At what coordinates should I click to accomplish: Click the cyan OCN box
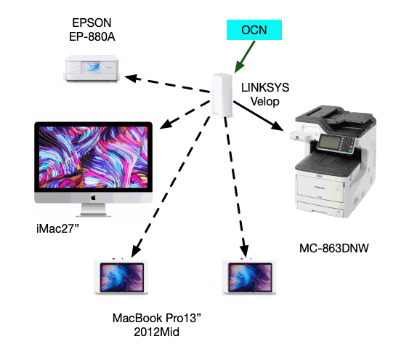(254, 30)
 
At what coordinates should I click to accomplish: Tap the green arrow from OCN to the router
(245, 57)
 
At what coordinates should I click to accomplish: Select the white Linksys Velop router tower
(222, 95)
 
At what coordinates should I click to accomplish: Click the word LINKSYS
(265, 87)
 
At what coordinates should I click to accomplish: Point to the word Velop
(265, 101)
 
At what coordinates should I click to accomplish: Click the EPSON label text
(92, 23)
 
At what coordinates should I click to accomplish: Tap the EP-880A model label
(92, 36)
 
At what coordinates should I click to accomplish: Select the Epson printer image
(92, 68)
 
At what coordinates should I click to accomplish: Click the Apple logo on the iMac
(93, 198)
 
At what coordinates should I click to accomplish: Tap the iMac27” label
(57, 228)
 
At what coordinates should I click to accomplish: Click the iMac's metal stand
(93, 210)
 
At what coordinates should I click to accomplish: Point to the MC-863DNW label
(334, 248)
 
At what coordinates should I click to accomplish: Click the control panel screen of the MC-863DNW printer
(329, 143)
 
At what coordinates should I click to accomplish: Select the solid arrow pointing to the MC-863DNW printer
(259, 116)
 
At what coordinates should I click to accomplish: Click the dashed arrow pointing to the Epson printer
(167, 84)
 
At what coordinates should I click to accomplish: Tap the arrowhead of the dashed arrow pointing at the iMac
(166, 124)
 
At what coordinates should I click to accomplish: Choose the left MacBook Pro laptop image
(121, 277)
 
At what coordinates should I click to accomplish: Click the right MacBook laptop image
(249, 277)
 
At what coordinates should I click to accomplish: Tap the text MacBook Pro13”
(157, 318)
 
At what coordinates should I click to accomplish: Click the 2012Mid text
(157, 332)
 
